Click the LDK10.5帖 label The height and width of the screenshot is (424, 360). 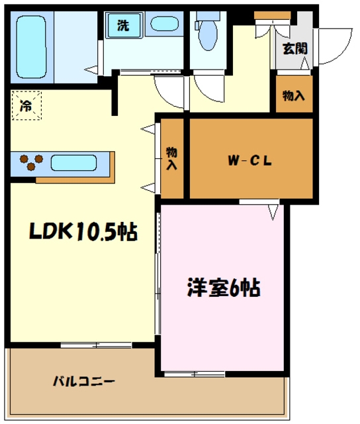[83, 231]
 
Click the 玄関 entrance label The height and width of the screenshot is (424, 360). [294, 48]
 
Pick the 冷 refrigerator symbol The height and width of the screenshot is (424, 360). [26, 105]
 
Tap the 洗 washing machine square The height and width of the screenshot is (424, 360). [123, 26]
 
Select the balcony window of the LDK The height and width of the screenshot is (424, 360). [97, 344]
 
